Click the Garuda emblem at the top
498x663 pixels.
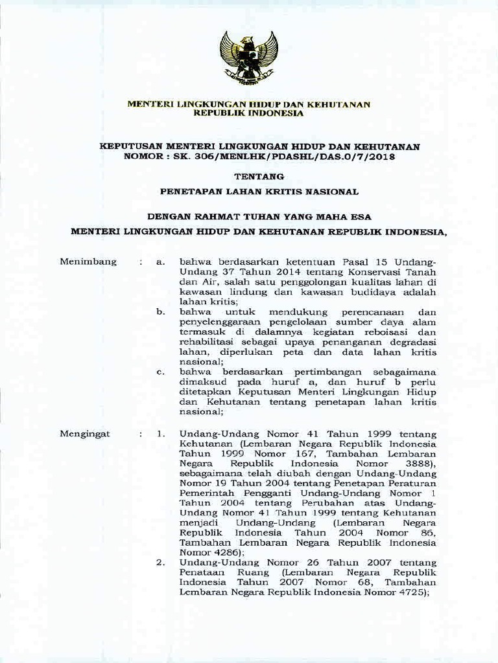coord(248,58)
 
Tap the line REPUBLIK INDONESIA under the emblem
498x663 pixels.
coord(248,113)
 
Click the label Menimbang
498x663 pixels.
coord(88,262)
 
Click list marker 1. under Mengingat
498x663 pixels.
coord(161,433)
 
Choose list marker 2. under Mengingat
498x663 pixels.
coord(161,563)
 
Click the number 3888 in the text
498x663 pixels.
coord(418,464)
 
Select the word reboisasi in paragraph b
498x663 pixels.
coord(412,332)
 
